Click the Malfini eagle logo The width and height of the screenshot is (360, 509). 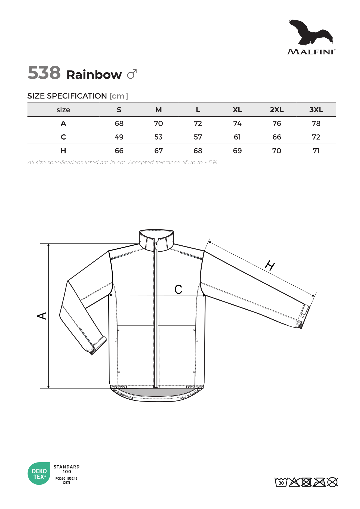pos(311,33)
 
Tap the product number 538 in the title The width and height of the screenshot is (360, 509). pos(44,73)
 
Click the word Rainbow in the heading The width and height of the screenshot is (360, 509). pos(94,75)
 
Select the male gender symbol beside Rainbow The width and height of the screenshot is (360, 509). pos(132,74)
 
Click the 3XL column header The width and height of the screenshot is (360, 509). pos(316,110)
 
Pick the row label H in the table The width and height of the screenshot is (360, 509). pos(63,151)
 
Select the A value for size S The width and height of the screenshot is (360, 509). pos(119,124)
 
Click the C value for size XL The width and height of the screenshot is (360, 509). pos(237,137)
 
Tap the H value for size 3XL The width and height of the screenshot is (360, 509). pos(316,151)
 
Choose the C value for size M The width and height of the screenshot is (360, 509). pos(158,137)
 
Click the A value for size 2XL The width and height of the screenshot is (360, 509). pos(276,124)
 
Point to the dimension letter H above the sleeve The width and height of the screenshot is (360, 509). pos(270,266)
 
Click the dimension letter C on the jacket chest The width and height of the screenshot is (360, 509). pos(179,289)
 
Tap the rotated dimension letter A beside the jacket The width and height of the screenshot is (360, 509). pos(42,316)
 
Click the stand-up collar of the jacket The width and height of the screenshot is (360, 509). pos(156,239)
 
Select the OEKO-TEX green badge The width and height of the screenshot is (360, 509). pos(39,474)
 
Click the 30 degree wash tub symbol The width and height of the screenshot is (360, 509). pos(281,482)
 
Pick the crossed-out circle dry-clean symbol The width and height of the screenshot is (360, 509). pos(332,482)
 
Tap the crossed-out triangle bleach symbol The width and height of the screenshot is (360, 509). pos(294,482)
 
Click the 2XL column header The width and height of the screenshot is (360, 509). pos(276,110)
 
